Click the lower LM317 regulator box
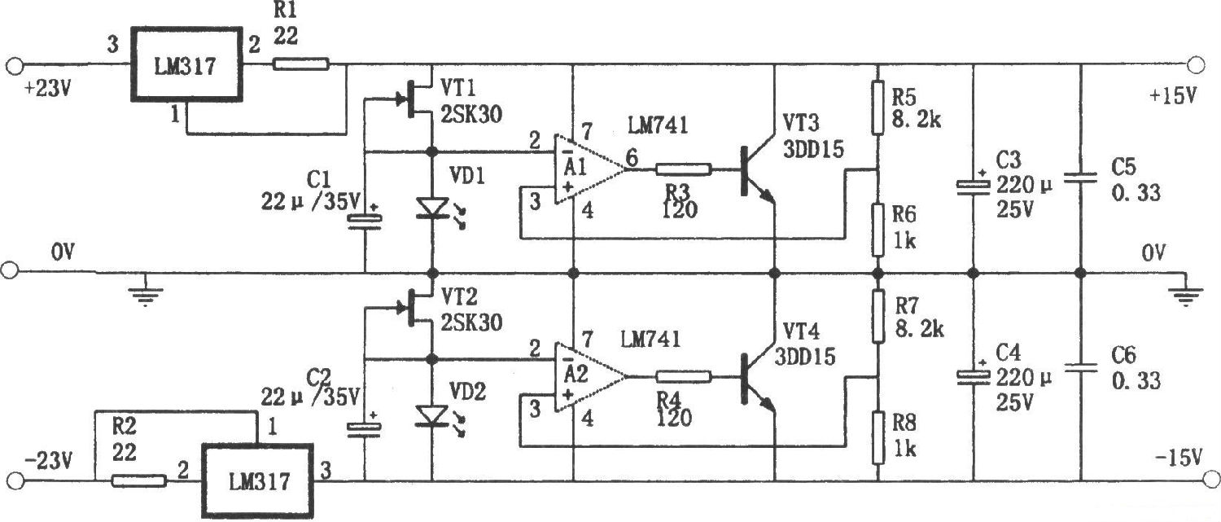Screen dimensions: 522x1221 click(x=257, y=480)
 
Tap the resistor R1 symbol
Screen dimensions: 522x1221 click(x=300, y=64)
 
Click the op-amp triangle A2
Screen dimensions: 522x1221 click(x=589, y=377)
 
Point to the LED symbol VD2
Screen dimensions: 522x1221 click(x=431, y=416)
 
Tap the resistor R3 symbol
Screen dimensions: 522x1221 click(x=683, y=170)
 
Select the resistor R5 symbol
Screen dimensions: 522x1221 click(x=877, y=107)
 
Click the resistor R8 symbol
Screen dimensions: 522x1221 click(x=877, y=436)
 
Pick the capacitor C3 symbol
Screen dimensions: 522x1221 click(x=973, y=186)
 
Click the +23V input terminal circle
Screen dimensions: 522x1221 click(x=13, y=64)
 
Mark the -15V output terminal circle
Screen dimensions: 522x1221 click(x=1195, y=480)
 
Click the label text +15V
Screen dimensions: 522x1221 click(x=1172, y=95)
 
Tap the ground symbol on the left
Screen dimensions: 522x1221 click(x=145, y=293)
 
